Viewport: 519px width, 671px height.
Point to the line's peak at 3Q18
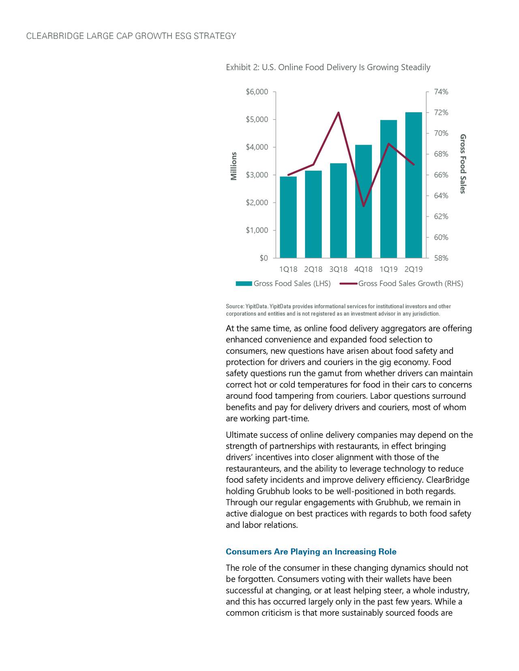click(x=338, y=113)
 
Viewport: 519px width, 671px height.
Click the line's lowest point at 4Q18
click(x=363, y=206)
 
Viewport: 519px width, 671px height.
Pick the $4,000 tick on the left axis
click(x=257, y=147)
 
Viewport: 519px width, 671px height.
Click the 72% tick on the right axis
click(x=441, y=113)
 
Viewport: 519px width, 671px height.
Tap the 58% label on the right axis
click(x=441, y=258)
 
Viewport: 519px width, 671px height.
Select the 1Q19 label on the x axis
click(x=388, y=269)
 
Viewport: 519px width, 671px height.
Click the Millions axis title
click(x=234, y=166)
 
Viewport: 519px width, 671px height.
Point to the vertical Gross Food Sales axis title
click(x=463, y=164)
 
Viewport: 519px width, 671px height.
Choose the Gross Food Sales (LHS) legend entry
click(x=292, y=283)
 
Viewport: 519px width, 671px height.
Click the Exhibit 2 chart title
click(x=328, y=67)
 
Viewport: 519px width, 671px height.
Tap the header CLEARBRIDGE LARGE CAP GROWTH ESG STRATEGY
click(x=131, y=36)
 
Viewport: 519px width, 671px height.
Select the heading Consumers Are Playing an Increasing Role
click(x=311, y=552)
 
